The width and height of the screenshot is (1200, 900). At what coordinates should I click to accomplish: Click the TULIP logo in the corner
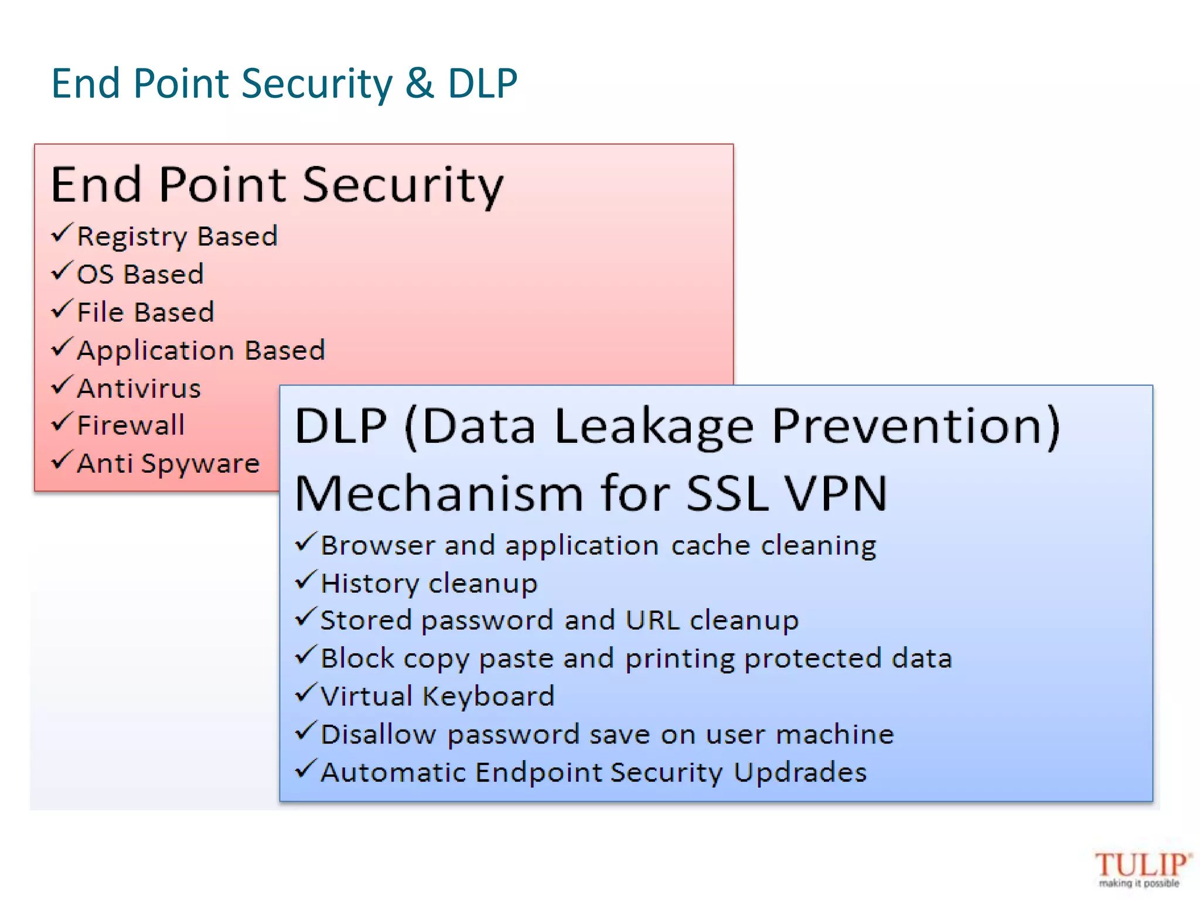pyautogui.click(x=1141, y=868)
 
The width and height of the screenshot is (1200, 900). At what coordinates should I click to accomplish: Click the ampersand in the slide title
pyautogui.click(x=420, y=83)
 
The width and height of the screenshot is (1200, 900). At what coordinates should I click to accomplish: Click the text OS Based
pyautogui.click(x=140, y=274)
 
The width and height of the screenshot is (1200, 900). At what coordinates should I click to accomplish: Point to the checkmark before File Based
pyautogui.click(x=62, y=309)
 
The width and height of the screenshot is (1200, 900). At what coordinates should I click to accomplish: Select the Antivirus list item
pyautogui.click(x=139, y=388)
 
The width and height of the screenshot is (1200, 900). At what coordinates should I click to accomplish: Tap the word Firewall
pyautogui.click(x=131, y=425)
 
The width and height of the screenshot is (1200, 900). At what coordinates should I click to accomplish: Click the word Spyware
pyautogui.click(x=200, y=464)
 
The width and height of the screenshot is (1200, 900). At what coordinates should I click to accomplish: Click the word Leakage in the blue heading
pyautogui.click(x=653, y=427)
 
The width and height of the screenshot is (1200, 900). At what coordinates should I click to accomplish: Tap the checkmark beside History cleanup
pyautogui.click(x=306, y=581)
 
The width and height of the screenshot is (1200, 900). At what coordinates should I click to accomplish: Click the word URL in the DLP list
pyautogui.click(x=652, y=620)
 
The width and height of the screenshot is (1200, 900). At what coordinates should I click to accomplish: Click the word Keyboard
pyautogui.click(x=488, y=697)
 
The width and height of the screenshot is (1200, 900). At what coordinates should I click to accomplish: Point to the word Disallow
pyautogui.click(x=379, y=734)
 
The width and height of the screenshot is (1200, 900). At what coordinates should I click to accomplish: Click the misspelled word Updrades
pyautogui.click(x=800, y=772)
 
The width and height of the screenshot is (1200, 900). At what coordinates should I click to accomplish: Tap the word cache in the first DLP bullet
pyautogui.click(x=710, y=546)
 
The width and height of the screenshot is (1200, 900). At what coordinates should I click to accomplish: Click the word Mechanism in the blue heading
pyautogui.click(x=439, y=493)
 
